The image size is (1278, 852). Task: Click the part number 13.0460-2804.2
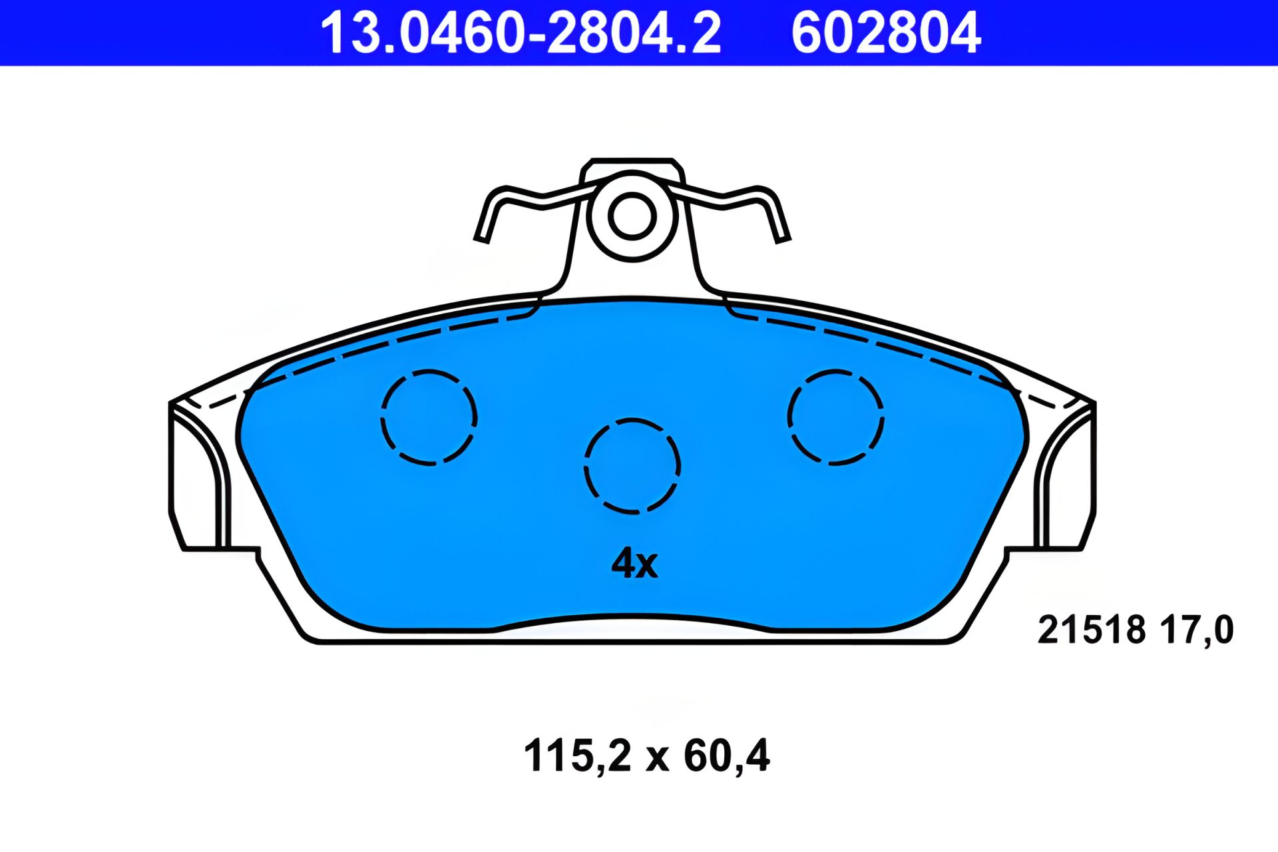pyautogui.click(x=521, y=33)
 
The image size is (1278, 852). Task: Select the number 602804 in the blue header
pyautogui.click(x=885, y=33)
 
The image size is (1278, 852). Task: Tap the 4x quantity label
pyautogui.click(x=634, y=564)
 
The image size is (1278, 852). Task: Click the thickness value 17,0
pyautogui.click(x=1196, y=630)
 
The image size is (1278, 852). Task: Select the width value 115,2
pyautogui.click(x=576, y=755)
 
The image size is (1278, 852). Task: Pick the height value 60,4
pyautogui.click(x=726, y=755)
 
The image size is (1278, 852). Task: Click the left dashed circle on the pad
pyautogui.click(x=429, y=417)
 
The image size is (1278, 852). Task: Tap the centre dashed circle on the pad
pyautogui.click(x=632, y=465)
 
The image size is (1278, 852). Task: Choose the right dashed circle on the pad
pyautogui.click(x=835, y=417)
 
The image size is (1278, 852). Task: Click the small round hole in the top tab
pyautogui.click(x=632, y=216)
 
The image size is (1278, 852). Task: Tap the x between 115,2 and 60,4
pyautogui.click(x=657, y=757)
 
